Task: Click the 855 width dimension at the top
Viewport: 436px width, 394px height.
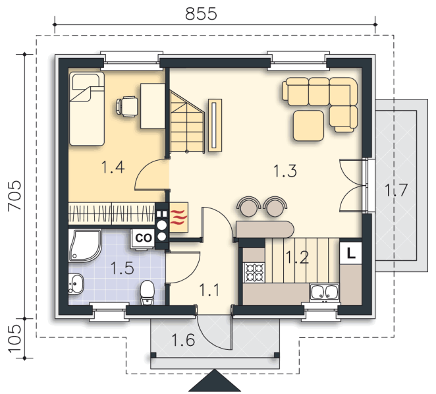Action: tap(201, 14)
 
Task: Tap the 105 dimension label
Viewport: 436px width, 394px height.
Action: tap(14, 339)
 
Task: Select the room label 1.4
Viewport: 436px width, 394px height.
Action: tap(113, 167)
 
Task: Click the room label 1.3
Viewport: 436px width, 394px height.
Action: tap(285, 171)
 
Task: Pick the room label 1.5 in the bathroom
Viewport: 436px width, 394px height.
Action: tap(122, 268)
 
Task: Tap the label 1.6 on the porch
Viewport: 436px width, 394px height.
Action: tap(183, 340)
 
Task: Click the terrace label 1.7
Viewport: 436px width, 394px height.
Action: tap(396, 190)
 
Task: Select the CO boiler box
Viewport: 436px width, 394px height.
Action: tap(143, 239)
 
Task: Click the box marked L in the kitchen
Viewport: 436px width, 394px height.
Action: tap(350, 253)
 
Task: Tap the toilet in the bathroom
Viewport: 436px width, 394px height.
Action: tap(147, 293)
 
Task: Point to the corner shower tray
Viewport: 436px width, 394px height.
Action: tap(84, 246)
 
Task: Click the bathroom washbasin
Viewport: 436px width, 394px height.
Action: tap(76, 283)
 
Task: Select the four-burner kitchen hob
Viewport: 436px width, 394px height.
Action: tap(254, 273)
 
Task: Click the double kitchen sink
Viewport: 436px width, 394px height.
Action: tap(325, 293)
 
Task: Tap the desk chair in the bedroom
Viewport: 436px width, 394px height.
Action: tap(126, 106)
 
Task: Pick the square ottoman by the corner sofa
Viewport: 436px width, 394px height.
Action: tap(308, 125)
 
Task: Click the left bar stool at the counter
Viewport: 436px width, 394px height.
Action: tap(249, 206)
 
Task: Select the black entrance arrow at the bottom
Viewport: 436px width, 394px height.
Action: tap(215, 380)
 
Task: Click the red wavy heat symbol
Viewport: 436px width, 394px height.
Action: tap(178, 217)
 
